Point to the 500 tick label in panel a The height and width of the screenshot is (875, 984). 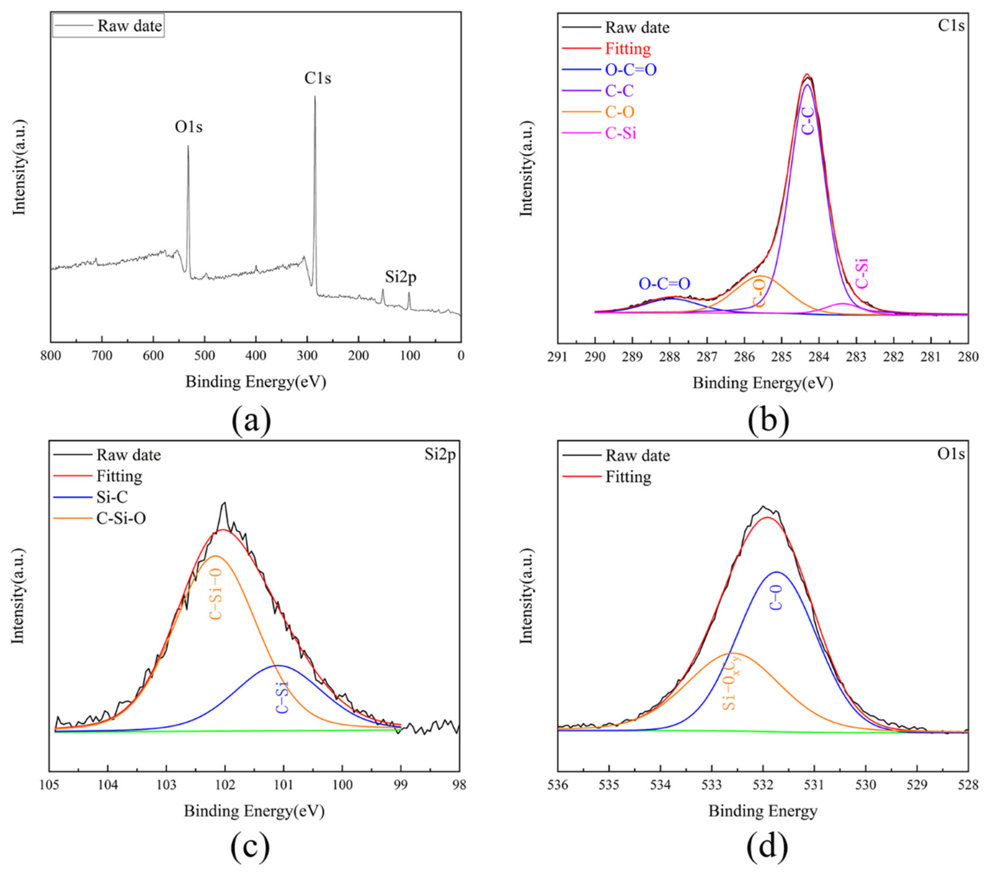(x=205, y=356)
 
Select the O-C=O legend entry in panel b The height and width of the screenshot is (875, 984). (x=630, y=70)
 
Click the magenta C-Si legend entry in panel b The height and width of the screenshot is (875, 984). (x=621, y=133)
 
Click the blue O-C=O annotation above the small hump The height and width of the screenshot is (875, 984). (x=664, y=283)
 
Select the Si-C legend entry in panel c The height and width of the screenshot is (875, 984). (x=112, y=497)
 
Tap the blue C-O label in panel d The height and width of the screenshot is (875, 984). (x=776, y=597)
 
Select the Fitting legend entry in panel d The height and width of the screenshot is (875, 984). (x=628, y=477)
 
